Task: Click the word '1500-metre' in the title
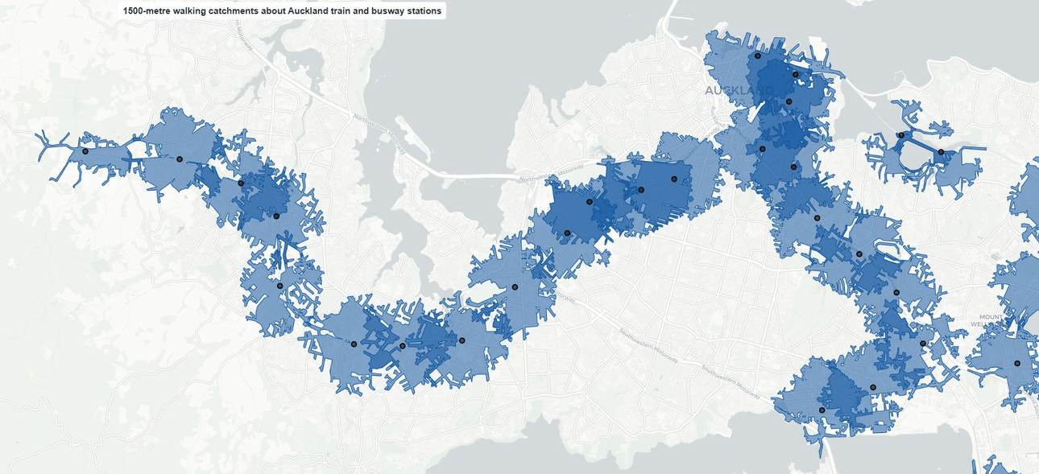[147, 11]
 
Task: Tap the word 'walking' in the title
[193, 11]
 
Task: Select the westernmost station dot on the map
[85, 151]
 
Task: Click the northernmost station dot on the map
[757, 56]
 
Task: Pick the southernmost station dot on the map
[822, 410]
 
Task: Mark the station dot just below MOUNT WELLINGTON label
[1016, 364]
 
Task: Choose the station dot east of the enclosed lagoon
[941, 152]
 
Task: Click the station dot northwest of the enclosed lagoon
[900, 135]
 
